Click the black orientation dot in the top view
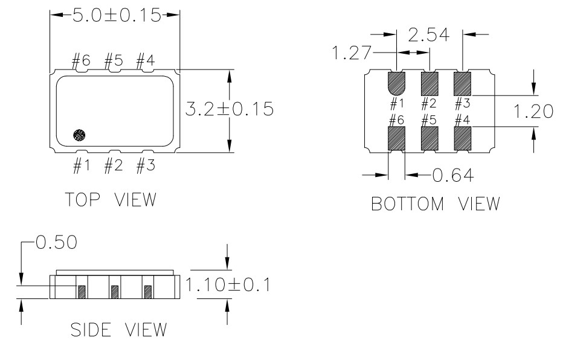pos(79,135)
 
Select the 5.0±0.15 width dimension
pos(117,15)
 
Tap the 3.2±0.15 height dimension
pos(230,109)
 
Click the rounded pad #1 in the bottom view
pos(397,83)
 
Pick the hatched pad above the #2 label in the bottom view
pos(429,83)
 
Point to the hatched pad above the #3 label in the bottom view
pos(463,83)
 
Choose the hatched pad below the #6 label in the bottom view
pos(397,138)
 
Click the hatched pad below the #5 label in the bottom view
pos(429,138)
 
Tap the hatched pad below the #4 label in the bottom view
pos(463,138)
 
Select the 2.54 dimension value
pos(429,35)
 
